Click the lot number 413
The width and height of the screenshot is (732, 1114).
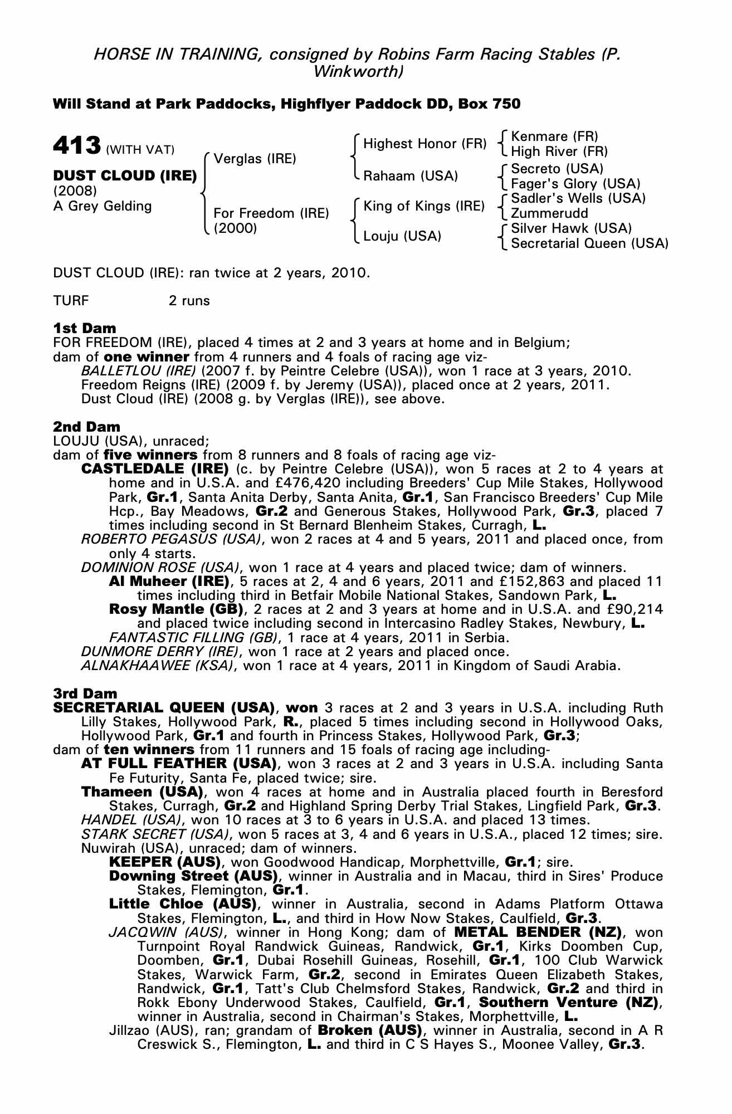click(76, 146)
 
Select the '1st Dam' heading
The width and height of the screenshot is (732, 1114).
click(85, 328)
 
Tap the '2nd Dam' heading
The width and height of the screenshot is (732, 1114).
click(86, 427)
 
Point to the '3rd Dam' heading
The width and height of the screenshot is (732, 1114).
click(85, 693)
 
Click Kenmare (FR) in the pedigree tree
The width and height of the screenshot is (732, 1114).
click(554, 136)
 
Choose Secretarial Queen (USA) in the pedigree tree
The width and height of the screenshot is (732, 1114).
click(589, 243)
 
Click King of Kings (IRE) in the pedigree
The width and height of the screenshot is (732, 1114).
click(424, 206)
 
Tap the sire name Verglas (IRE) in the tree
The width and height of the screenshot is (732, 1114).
click(255, 159)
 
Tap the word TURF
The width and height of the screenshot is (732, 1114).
click(71, 301)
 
